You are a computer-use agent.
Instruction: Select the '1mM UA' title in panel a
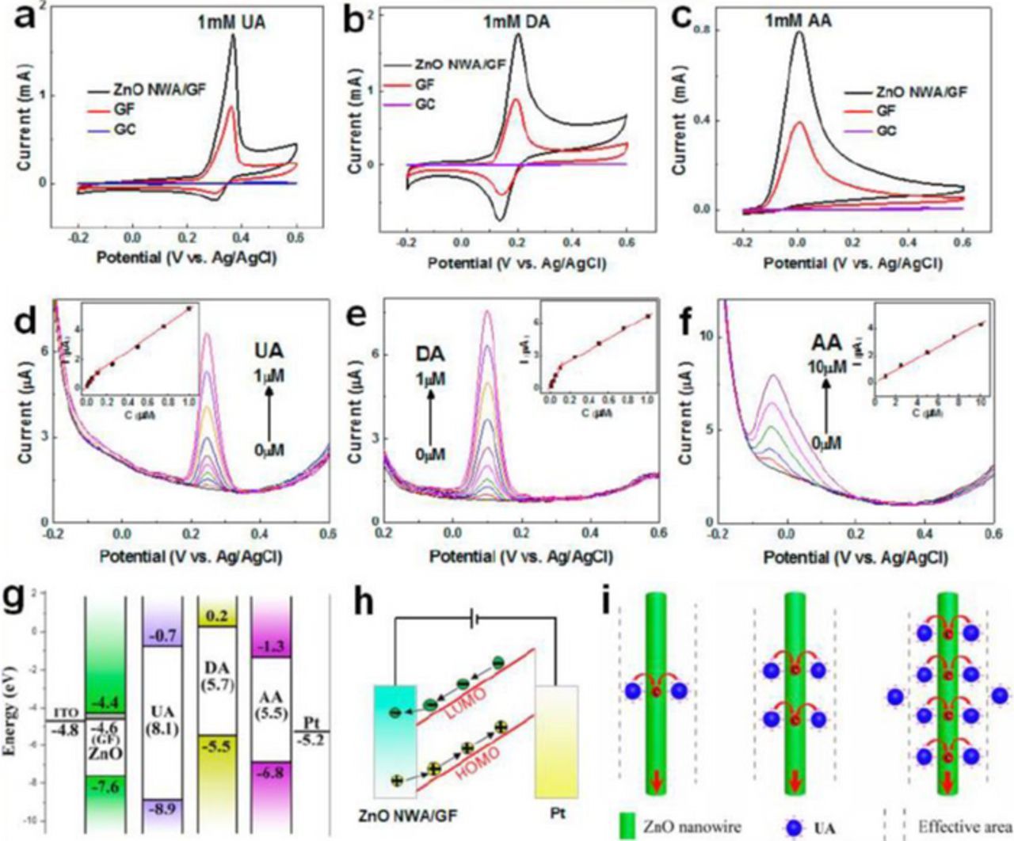(x=231, y=23)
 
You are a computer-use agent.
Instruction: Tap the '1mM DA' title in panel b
(x=517, y=22)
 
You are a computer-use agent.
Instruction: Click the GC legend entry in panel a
(x=124, y=128)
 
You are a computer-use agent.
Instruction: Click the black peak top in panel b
(x=519, y=34)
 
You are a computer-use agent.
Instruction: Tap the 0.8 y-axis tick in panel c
(x=700, y=30)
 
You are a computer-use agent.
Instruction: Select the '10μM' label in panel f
(x=827, y=367)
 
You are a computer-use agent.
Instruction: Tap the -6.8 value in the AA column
(x=270, y=772)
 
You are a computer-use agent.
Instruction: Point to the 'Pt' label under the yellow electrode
(x=558, y=813)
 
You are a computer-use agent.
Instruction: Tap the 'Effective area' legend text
(x=964, y=827)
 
